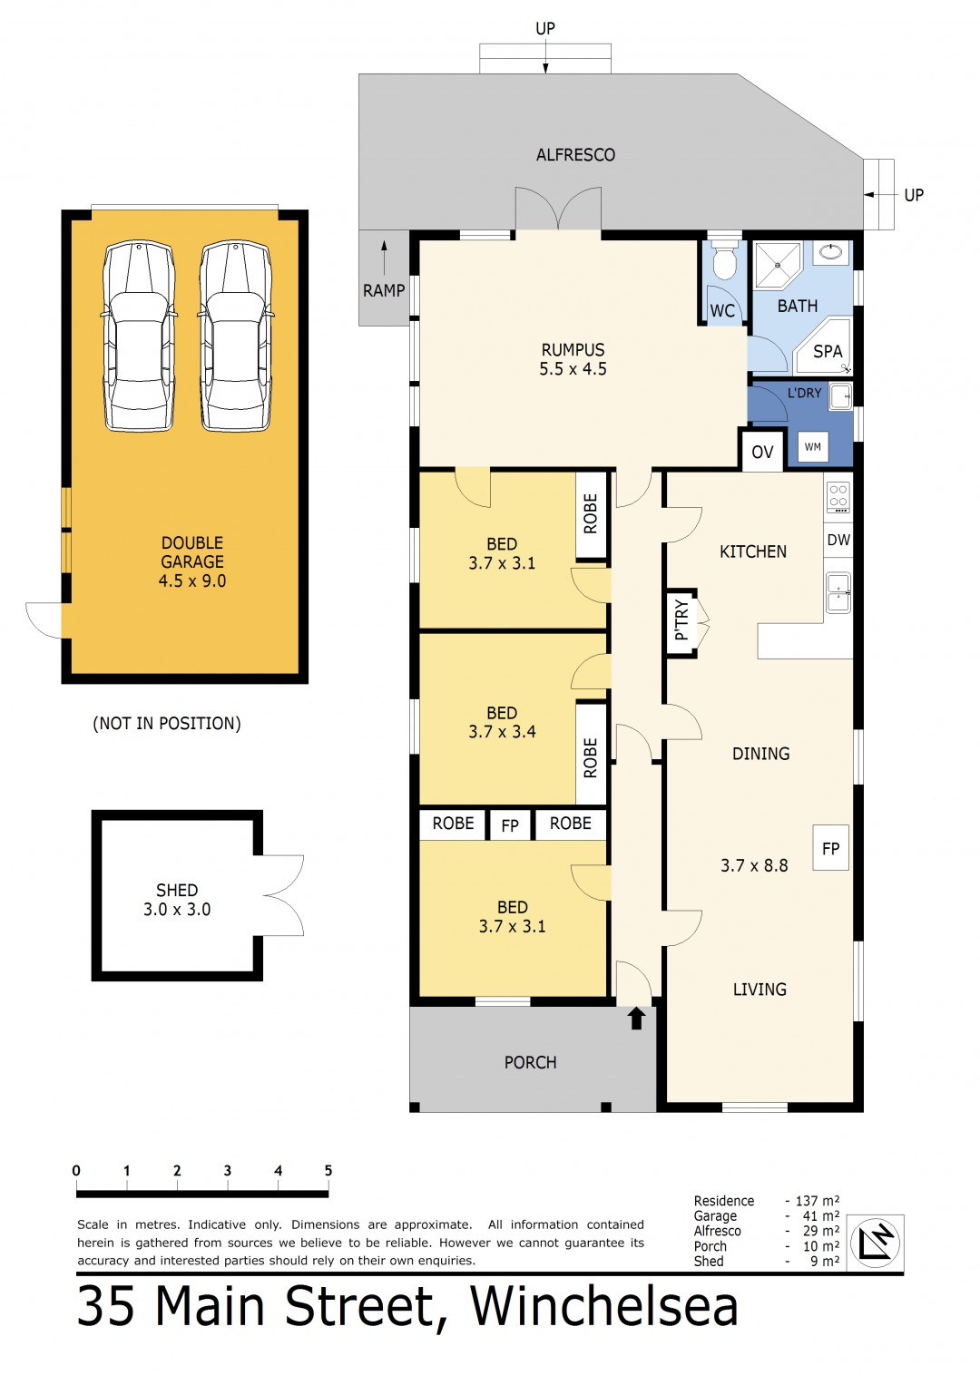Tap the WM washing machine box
point(812,446)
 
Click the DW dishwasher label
point(838,540)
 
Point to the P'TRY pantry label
point(681,619)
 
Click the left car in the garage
point(139,336)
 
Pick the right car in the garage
point(236,336)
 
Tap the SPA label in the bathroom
point(828,351)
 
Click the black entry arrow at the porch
point(637,1019)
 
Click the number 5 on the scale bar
point(328,1170)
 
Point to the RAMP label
point(384,290)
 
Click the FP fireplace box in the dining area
point(830,848)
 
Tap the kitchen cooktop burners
point(838,496)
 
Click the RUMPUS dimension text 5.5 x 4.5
point(573,369)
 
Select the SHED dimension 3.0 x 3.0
point(177,909)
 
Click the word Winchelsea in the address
point(604,1306)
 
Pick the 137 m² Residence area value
point(817,1201)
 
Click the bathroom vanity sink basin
point(831,251)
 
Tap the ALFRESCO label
point(575,154)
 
